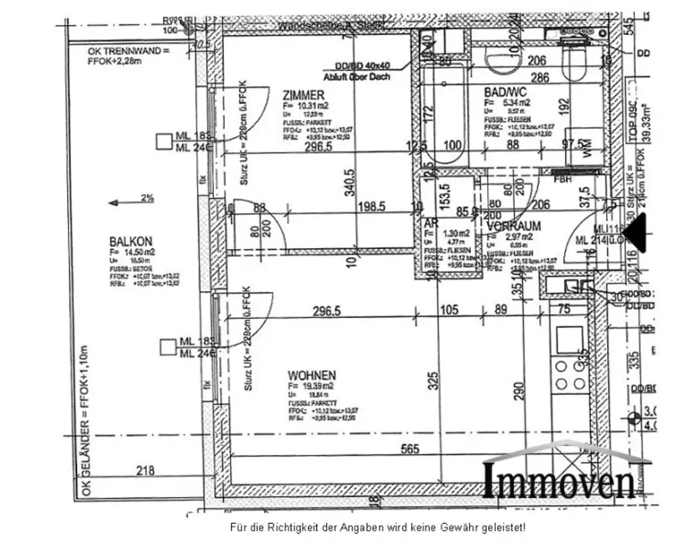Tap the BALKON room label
coord(131,241)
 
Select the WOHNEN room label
coord(311,375)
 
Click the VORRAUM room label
coord(512,225)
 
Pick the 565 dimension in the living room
coord(410,448)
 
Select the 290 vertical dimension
coord(518,393)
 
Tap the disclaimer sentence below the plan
coord(377,526)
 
